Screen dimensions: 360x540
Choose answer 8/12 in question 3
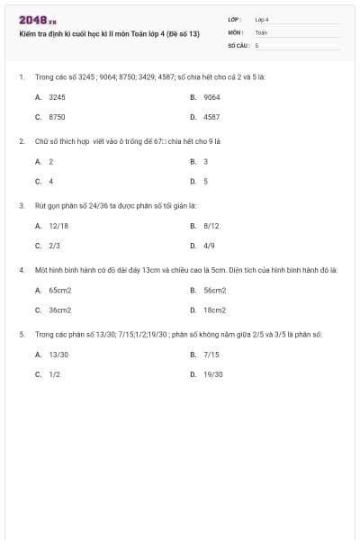click(x=211, y=225)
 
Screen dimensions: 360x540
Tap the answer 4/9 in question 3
click(x=209, y=245)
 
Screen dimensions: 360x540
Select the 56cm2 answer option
click(x=214, y=290)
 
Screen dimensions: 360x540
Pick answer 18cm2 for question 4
click(x=214, y=310)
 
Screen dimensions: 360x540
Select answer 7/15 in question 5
click(x=211, y=355)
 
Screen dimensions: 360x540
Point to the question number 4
click(x=21, y=269)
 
